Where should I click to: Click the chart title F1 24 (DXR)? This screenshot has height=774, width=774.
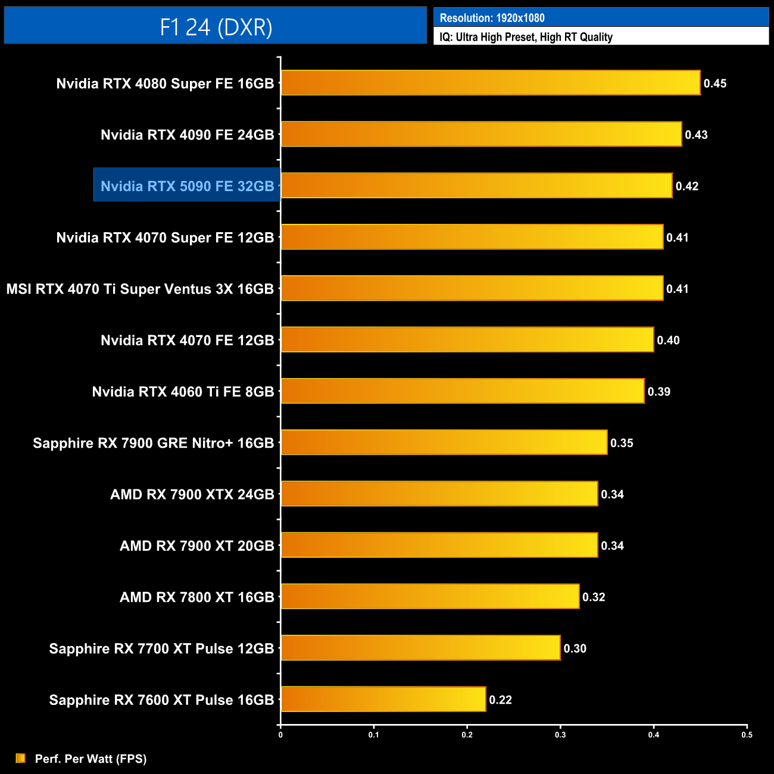pos(216,27)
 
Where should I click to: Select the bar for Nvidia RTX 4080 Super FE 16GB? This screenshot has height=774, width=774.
pos(491,83)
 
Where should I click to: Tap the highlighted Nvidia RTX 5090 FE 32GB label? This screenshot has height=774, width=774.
pos(187,186)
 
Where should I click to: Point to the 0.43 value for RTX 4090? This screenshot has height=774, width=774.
pos(696,135)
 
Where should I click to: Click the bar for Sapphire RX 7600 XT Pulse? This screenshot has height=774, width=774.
pos(383,699)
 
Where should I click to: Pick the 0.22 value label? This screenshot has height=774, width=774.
pos(500,700)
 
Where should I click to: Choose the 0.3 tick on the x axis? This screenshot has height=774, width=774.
pos(560,735)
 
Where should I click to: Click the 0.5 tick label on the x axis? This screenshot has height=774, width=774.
pos(747,735)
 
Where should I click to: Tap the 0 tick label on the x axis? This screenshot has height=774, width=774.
pos(280,735)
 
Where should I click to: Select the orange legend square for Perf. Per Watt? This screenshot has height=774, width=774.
pos(21,758)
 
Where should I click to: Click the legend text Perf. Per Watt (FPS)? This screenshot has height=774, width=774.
pos(90,759)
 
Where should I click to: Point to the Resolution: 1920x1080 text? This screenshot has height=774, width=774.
pos(492,18)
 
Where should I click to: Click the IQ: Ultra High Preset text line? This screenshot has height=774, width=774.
pos(526,37)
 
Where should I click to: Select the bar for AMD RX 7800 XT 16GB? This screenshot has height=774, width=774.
pos(430,597)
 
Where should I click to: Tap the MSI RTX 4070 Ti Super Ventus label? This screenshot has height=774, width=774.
pos(140,289)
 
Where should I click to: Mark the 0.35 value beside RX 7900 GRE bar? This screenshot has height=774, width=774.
pos(622,443)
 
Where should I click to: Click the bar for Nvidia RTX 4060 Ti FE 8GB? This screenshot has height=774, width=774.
pos(463,391)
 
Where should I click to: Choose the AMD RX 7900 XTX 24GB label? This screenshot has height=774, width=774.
pos(192,494)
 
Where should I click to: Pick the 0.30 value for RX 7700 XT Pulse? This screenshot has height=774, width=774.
pos(575,648)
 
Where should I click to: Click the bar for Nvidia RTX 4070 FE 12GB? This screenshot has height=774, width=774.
pos(467,339)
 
